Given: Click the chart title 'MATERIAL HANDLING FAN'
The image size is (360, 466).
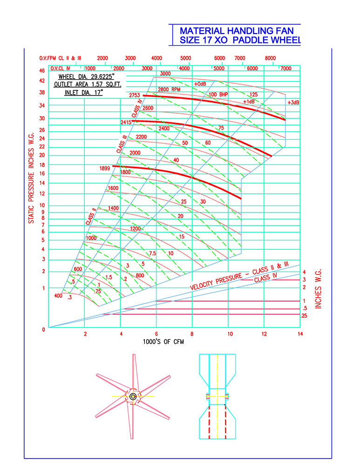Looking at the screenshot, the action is coord(237,31).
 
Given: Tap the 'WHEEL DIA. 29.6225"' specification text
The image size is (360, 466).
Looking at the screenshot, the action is coord(86,77).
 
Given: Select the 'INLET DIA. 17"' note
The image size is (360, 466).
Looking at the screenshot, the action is coord(83,93).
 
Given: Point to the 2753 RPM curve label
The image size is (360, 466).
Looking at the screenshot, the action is coord(134,96).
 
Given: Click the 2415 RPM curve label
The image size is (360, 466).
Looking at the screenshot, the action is coord(126,122).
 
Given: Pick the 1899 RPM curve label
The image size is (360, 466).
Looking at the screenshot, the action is coord(105,169).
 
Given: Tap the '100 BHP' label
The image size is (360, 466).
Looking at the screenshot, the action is coord(218,95).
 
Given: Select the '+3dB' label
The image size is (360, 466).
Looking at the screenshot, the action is coord(293,103).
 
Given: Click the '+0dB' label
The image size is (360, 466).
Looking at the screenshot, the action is coord(200,84).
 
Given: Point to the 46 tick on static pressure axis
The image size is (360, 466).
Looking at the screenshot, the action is coord(42,71).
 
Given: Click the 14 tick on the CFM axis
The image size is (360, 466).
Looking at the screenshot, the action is coord(300,334).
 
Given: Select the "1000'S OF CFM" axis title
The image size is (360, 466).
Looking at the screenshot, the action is coord(163,342).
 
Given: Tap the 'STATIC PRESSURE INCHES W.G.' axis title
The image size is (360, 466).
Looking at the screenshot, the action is coord(31,178).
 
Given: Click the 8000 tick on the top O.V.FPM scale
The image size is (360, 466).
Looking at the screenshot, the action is coord(270,58).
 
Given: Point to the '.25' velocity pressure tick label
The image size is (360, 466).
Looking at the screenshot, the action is coord(304,316).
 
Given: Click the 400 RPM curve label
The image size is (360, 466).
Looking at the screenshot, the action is coord(58,296).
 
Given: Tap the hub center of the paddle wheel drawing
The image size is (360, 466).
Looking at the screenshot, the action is coord(133,397).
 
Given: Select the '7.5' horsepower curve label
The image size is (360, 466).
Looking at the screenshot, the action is coord(152,254).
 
